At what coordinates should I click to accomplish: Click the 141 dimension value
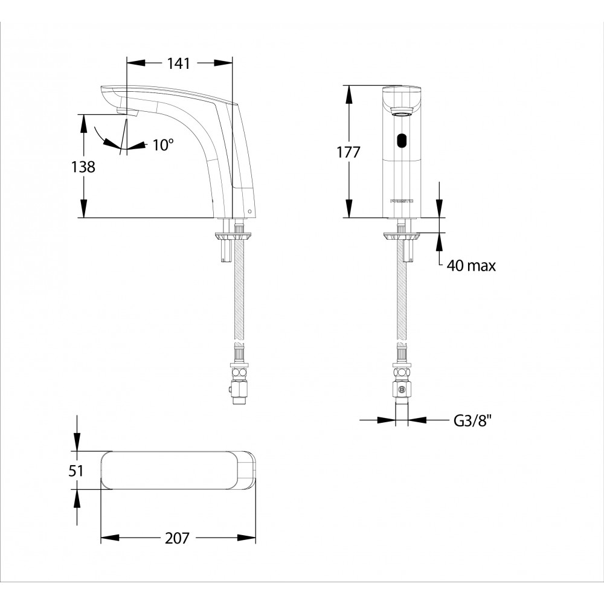click(x=178, y=63)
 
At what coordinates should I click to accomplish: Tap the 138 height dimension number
click(x=83, y=167)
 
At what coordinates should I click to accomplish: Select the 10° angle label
click(x=163, y=145)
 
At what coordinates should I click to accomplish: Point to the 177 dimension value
click(x=349, y=152)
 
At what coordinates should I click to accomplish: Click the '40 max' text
click(x=471, y=265)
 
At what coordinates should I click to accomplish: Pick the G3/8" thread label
click(x=473, y=420)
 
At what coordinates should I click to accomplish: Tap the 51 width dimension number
click(x=76, y=471)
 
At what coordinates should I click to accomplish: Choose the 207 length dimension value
click(x=177, y=538)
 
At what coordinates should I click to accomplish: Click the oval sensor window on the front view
click(x=402, y=141)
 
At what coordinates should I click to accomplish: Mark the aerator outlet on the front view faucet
click(x=402, y=112)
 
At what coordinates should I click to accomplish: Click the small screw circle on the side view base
click(x=249, y=211)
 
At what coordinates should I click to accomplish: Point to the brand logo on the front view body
click(x=402, y=201)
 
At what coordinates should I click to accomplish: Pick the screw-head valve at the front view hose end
click(x=402, y=389)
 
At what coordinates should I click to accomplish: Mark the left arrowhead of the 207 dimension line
click(x=109, y=538)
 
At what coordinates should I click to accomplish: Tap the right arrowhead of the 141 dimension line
click(x=223, y=63)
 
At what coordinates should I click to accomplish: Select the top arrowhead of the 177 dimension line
click(x=349, y=94)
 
